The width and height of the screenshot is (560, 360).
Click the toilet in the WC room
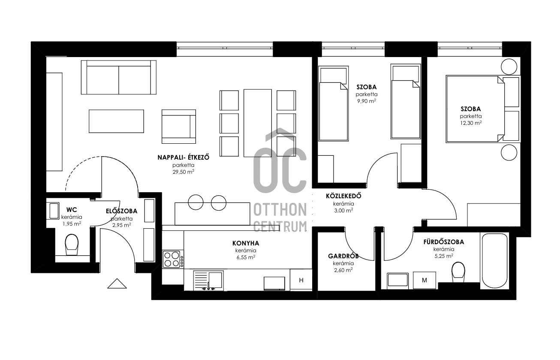72,245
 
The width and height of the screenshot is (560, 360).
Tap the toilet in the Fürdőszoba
458,272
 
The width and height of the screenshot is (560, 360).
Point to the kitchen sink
208,280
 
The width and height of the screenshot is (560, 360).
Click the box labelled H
301,280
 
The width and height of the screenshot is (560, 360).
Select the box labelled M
424,280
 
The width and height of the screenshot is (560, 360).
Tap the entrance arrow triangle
117,284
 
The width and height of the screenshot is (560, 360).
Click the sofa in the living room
119,77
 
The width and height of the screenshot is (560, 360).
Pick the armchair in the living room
179,127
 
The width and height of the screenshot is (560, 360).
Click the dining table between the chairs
258,123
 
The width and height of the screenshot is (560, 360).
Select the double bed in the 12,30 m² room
483,109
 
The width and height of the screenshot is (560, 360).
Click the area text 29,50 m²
184,172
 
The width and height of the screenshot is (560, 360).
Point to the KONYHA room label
246,243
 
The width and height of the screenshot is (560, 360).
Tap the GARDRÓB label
343,256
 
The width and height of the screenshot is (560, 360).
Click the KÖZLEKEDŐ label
343,196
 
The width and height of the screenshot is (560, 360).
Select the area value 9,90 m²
367,101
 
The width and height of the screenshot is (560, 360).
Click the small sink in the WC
54,211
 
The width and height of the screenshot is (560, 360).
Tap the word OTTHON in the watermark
280,210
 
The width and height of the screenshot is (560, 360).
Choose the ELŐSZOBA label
122,211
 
